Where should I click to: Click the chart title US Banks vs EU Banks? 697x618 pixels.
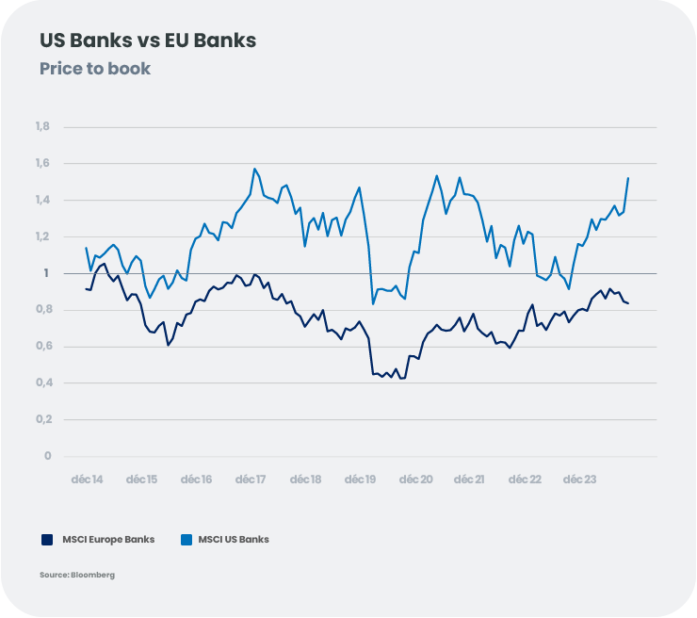click(x=148, y=41)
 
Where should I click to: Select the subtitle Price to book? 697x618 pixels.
click(x=95, y=69)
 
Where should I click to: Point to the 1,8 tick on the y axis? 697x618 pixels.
click(x=42, y=127)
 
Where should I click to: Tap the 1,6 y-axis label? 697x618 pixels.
click(x=42, y=164)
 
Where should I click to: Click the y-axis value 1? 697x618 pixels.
click(x=46, y=273)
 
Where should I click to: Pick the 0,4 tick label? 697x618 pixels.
click(x=42, y=383)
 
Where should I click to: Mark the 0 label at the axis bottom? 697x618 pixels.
click(x=46, y=456)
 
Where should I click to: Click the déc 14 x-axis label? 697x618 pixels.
click(x=88, y=480)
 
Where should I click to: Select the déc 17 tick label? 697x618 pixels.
click(x=250, y=480)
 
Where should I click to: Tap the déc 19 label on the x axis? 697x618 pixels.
click(x=359, y=480)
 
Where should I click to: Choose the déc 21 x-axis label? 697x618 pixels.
click(x=468, y=480)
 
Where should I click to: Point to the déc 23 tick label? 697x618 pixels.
click(x=577, y=480)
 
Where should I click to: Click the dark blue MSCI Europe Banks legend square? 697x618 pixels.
click(x=46, y=540)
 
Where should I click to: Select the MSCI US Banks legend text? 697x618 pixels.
click(x=233, y=540)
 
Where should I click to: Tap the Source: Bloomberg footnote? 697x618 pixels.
click(x=77, y=575)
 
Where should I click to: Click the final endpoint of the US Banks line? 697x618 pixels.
click(x=628, y=178)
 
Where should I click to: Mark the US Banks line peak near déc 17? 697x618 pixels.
click(x=254, y=170)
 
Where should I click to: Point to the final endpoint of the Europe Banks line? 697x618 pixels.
click(x=628, y=303)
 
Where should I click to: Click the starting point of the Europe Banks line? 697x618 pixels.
click(x=86, y=288)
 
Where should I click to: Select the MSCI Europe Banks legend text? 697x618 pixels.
click(x=108, y=540)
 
